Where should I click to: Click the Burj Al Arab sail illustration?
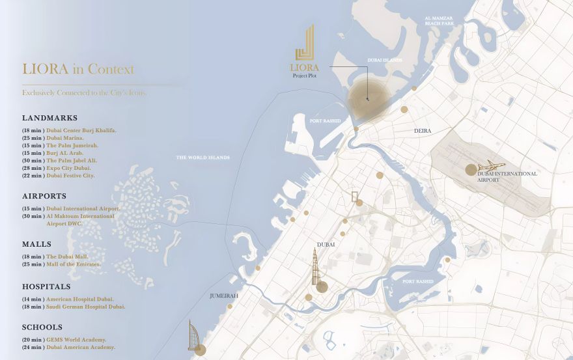pyautogui.click(x=196, y=337)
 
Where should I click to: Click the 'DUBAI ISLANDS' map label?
pyautogui.click(x=384, y=60)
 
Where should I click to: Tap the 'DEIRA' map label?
pyautogui.click(x=423, y=131)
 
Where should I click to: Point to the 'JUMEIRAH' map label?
pyautogui.click(x=223, y=296)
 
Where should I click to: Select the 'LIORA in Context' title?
pyautogui.click(x=78, y=69)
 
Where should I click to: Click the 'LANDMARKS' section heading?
pyautogui.click(x=49, y=118)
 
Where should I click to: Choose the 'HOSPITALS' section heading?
pyautogui.click(x=46, y=286)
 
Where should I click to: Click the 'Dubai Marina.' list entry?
pyautogui.click(x=70, y=138)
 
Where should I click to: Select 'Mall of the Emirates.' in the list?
pyautogui.click(x=76, y=264)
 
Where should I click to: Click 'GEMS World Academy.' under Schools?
pyautogui.click(x=76, y=340)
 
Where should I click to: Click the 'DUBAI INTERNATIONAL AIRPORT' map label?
pyautogui.click(x=507, y=176)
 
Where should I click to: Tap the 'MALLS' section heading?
pyautogui.click(x=37, y=244)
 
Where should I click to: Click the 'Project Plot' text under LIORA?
pyautogui.click(x=305, y=76)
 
